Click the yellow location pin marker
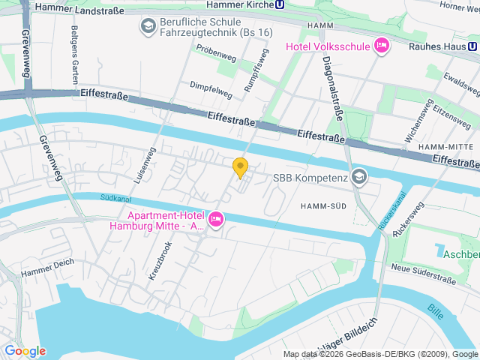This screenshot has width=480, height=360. click(x=240, y=167)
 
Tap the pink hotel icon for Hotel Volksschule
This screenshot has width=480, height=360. click(x=381, y=46)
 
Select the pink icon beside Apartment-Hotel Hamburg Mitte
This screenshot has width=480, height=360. click(x=216, y=219)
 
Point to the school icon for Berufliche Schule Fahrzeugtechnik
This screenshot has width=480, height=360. click(x=147, y=27)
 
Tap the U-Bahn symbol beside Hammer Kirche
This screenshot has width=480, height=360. click(x=280, y=4)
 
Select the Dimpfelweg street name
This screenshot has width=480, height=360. click(x=211, y=89)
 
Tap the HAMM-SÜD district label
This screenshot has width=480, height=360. click(x=323, y=205)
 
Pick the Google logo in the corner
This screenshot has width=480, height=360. click(x=25, y=351)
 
